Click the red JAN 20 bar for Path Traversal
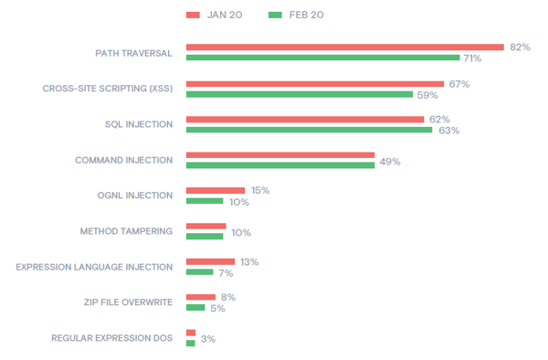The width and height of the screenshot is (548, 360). [344, 48]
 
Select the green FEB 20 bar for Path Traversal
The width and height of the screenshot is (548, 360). [322, 58]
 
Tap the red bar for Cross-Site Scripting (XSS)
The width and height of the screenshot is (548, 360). [314, 83]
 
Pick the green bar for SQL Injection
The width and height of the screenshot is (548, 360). [309, 130]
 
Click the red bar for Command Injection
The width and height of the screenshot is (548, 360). [279, 154]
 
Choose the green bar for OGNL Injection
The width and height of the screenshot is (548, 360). [204, 200]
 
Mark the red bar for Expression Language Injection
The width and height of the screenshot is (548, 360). [210, 261]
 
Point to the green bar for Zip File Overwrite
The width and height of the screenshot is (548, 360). [195, 308]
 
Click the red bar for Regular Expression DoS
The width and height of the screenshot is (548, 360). [190, 333]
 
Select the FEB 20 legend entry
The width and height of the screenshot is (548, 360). [297, 15]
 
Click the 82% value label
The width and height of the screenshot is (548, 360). [521, 48]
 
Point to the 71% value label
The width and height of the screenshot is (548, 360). [472, 58]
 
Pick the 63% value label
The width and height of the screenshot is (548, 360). [448, 131]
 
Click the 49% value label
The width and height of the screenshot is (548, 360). [390, 161]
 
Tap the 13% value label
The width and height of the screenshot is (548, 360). [248, 262]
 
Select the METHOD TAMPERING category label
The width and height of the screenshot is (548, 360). [126, 231]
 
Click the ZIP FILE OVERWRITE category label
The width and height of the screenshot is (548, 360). [128, 302]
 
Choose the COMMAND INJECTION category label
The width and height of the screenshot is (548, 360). [123, 160]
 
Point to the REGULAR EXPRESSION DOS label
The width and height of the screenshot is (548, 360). [112, 338]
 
